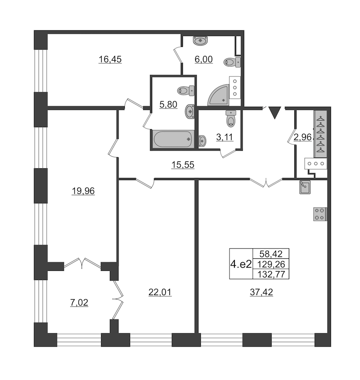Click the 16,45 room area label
[110, 59]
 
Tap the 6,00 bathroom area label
[204, 59]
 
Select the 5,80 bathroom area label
[168, 104]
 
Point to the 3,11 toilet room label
[224, 137]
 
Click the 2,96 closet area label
[302, 137]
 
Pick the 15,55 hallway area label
[183, 165]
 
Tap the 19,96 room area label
[83, 191]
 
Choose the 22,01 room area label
[160, 292]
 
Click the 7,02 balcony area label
[79, 303]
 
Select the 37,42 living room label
[261, 292]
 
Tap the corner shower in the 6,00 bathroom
[218, 95]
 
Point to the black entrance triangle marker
[275, 112]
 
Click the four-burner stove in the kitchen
[320, 214]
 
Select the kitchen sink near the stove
[305, 187]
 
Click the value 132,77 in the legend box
[271, 274]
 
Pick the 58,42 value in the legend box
[271, 254]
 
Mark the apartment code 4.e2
[241, 264]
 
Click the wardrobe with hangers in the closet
[320, 134]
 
